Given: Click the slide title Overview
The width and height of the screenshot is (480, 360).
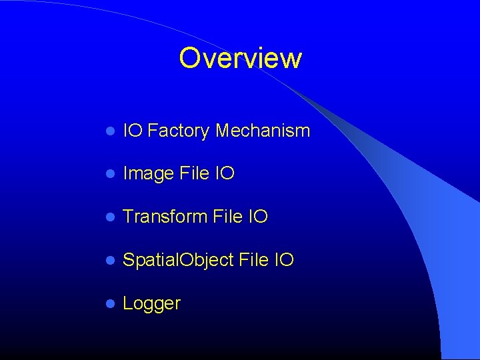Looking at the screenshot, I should point(240,59).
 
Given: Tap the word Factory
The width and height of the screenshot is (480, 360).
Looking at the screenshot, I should point(178,131).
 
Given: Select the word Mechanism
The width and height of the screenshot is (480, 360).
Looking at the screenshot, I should point(263,131).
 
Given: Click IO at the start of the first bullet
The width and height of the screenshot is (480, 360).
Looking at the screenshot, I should point(133,131).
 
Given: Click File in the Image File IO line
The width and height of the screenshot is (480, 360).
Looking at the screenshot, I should point(195,173).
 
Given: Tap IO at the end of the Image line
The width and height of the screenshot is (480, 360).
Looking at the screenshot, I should point(225,173).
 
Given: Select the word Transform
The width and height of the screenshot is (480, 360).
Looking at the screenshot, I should point(165,217).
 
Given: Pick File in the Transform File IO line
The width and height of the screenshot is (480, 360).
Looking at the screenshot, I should point(228,217).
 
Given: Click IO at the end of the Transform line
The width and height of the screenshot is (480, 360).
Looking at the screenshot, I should point(258,217).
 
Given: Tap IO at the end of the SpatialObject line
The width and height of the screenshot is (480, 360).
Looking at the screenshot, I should point(284,260).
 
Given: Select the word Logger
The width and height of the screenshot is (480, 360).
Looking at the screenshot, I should point(152,304).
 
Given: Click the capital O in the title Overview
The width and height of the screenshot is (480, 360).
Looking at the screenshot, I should point(190,59).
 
